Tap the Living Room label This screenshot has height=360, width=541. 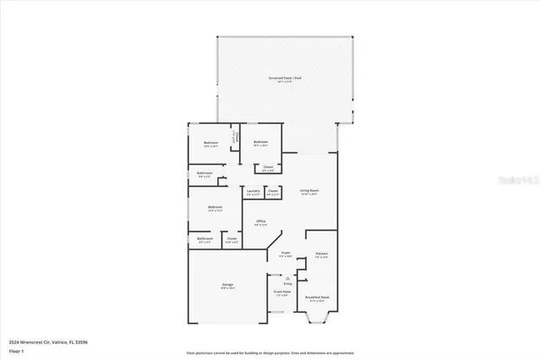pos(309,192)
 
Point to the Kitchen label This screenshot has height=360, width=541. pos(321,254)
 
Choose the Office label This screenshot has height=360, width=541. pos(261,222)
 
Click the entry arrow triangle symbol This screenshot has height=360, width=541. pos(287,276)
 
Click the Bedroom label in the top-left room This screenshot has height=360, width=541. pos(210,144)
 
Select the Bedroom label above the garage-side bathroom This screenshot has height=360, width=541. pos(216,208)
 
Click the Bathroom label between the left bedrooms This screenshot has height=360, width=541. pos(204,174)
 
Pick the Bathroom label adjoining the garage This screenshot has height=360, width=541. pos(204,240)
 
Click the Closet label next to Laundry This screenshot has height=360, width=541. pos(272,192)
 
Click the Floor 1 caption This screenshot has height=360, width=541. pos(16,349)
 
